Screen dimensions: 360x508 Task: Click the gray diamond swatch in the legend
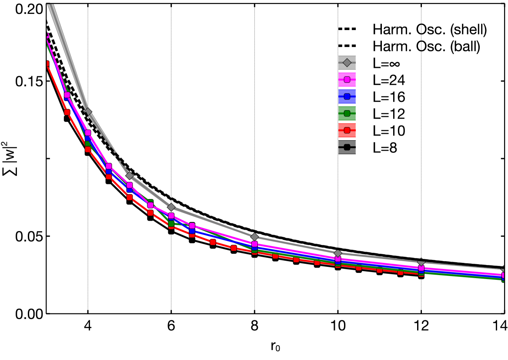tap(347, 63)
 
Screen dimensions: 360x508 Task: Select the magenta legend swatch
tap(347, 80)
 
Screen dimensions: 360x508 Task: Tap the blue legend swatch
tap(347, 97)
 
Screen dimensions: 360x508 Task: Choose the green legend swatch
tap(347, 114)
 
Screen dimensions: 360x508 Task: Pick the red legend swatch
tap(347, 130)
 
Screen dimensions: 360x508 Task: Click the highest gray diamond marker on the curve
tap(88, 112)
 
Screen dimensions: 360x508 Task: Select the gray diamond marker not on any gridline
tap(129, 176)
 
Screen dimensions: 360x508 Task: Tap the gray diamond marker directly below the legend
tap(338, 253)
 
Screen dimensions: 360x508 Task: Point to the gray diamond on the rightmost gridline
tap(421, 263)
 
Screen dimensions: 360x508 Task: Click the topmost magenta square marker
tap(67, 95)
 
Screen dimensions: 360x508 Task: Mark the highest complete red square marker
tap(67, 112)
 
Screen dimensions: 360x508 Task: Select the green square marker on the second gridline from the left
tap(171, 224)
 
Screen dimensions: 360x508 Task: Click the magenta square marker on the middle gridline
tap(254, 244)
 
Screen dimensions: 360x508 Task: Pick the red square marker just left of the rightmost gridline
tap(400, 272)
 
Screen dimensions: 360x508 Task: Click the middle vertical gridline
tap(254, 131)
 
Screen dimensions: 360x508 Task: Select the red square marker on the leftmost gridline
tap(88, 149)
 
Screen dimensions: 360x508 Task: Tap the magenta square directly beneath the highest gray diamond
tap(88, 133)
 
